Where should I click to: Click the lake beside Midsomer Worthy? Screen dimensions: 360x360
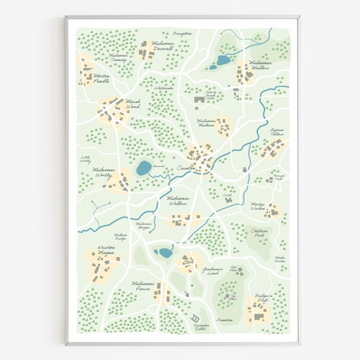(143, 169)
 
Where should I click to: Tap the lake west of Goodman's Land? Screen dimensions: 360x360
(165, 252)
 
